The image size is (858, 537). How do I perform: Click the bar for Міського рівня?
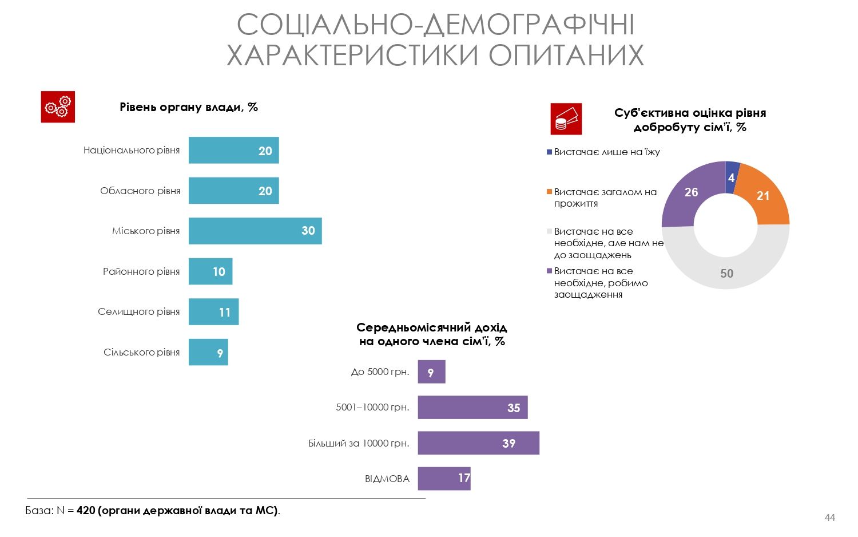pyautogui.click(x=255, y=231)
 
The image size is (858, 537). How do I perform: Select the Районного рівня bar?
pyautogui.click(x=210, y=271)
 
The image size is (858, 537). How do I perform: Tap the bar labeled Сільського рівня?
pyautogui.click(x=208, y=352)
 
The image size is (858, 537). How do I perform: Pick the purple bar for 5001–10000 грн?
pyautogui.click(x=472, y=408)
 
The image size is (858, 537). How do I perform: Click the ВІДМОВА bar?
pyautogui.click(x=444, y=479)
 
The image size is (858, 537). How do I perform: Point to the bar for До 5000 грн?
pyautogui.click(x=431, y=372)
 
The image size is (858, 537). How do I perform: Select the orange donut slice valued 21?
pyautogui.click(x=763, y=195)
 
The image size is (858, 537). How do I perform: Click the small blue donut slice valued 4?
pyautogui.click(x=732, y=174)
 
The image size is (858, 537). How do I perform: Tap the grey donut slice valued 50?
pyautogui.click(x=726, y=269)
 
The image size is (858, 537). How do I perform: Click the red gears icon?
pyautogui.click(x=58, y=107)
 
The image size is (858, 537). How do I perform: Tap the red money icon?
pyautogui.click(x=566, y=119)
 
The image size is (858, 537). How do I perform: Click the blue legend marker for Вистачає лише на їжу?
pyautogui.click(x=550, y=152)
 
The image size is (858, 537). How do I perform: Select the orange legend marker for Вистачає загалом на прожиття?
pyautogui.click(x=550, y=192)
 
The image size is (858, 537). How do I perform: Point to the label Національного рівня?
pyautogui.click(x=132, y=151)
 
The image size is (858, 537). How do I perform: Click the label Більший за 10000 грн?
pyautogui.click(x=359, y=443)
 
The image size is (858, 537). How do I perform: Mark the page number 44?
pyautogui.click(x=829, y=518)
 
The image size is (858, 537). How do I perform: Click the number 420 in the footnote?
pyautogui.click(x=86, y=510)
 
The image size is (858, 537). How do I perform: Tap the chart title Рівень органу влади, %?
pyautogui.click(x=189, y=107)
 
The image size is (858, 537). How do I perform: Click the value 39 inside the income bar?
pyautogui.click(x=509, y=443)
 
